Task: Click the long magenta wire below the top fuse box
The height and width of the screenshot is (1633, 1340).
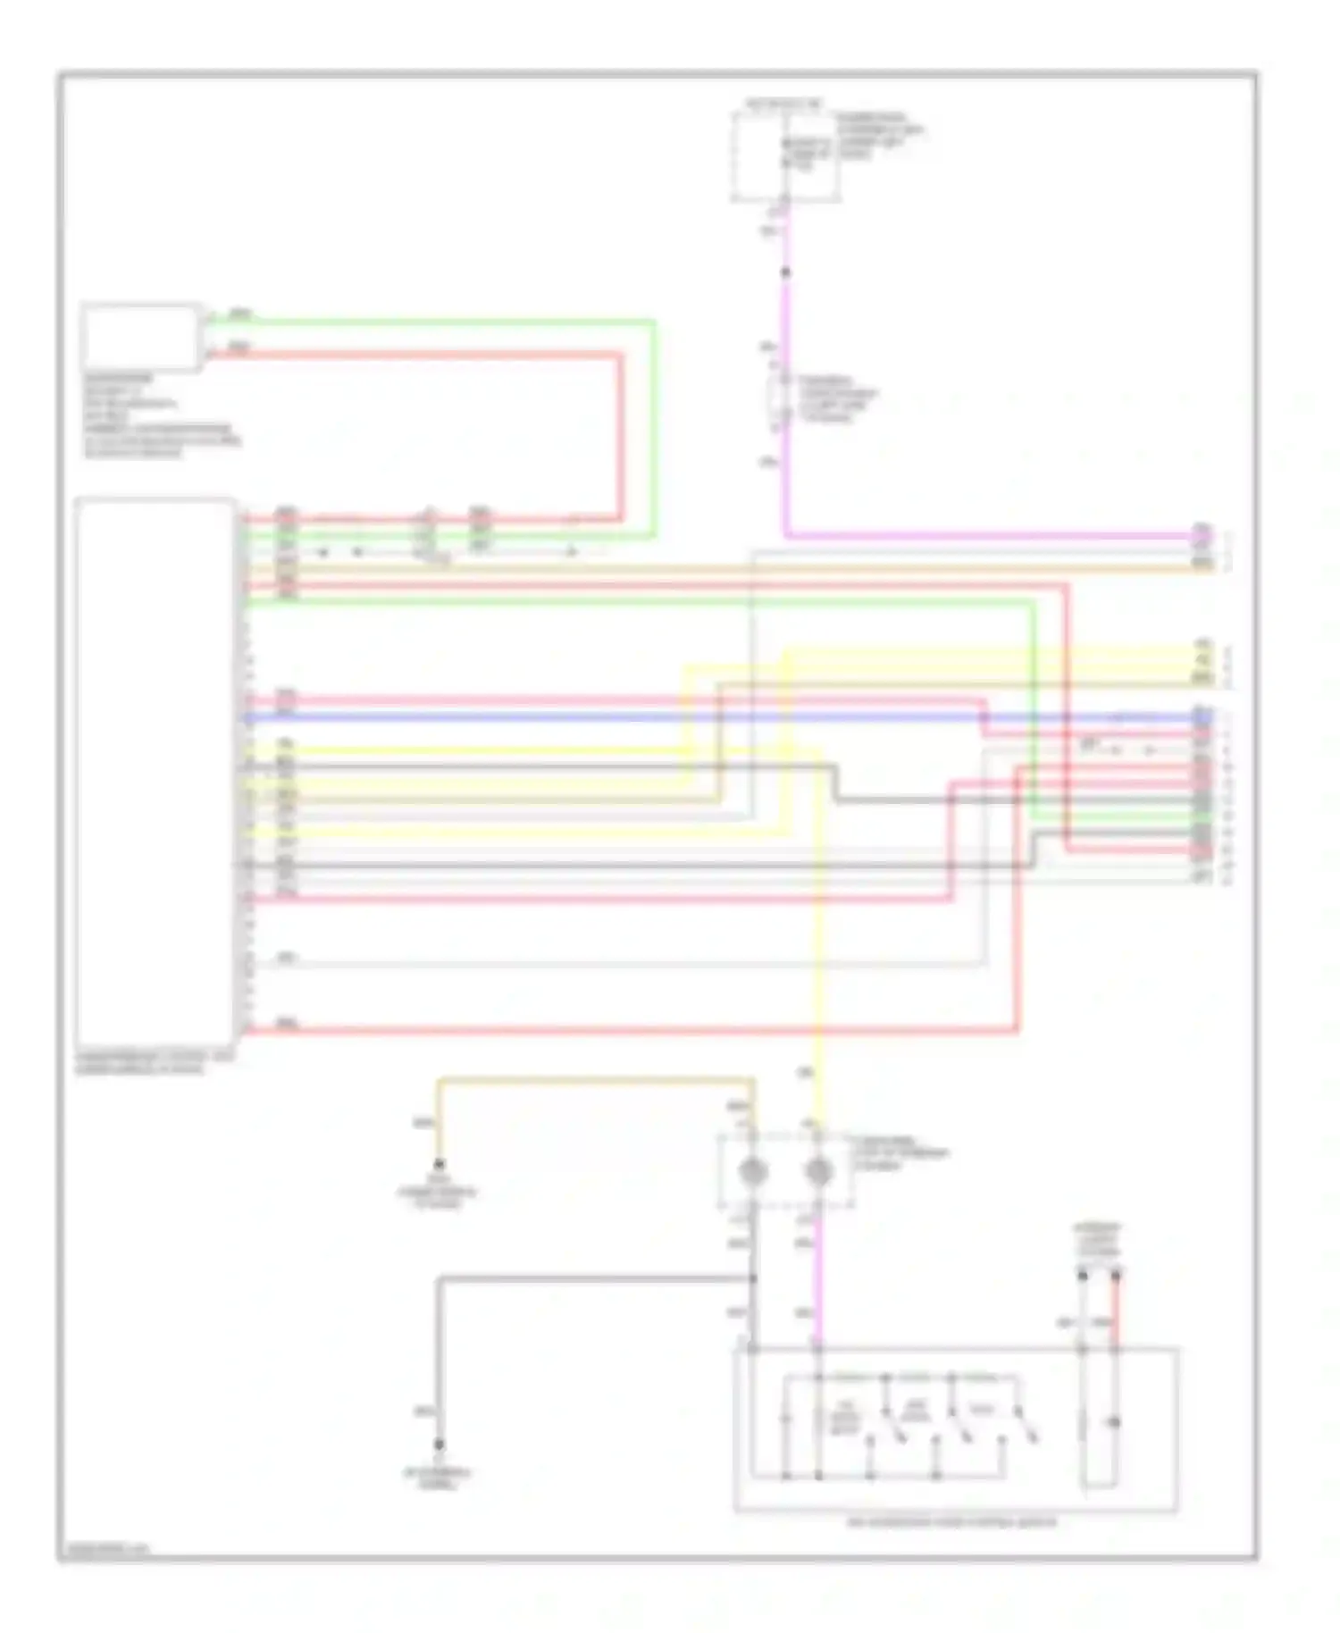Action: pos(786,402)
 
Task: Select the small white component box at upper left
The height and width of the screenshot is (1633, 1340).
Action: pos(140,337)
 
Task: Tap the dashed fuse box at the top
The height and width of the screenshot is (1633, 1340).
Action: pos(784,156)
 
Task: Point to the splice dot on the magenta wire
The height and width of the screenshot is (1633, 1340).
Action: pos(786,272)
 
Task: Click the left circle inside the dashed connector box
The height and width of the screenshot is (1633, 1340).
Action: pos(752,1171)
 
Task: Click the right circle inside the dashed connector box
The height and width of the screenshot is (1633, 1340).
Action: pos(818,1171)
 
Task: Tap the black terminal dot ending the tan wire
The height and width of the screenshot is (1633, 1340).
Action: pos(439,1165)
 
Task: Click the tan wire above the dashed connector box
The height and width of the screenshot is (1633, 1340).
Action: pos(590,1083)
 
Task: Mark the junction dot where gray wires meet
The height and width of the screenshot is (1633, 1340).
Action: pos(753,1279)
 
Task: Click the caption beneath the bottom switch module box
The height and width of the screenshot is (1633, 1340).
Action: pos(952,1522)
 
